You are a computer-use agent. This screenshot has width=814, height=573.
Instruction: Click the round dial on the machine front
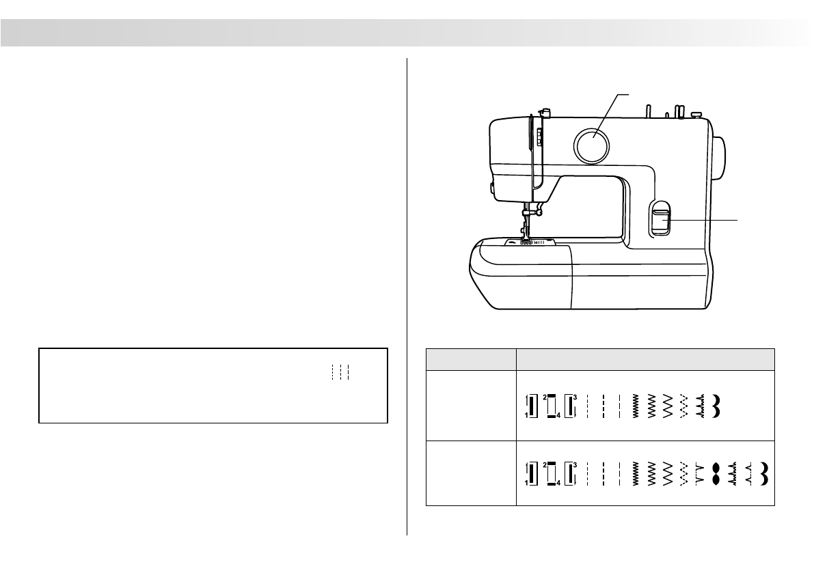[591, 145]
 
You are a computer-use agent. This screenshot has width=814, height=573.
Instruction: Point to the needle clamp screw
[539, 211]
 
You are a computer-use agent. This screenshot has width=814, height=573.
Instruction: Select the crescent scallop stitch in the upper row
[716, 406]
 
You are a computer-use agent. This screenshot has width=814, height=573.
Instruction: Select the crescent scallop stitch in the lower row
[763, 474]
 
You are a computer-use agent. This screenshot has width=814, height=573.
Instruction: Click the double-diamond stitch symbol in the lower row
[716, 474]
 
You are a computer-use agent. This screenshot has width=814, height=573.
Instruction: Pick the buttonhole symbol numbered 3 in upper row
[571, 406]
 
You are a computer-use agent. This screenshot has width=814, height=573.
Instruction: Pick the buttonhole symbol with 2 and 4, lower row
[552, 474]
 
